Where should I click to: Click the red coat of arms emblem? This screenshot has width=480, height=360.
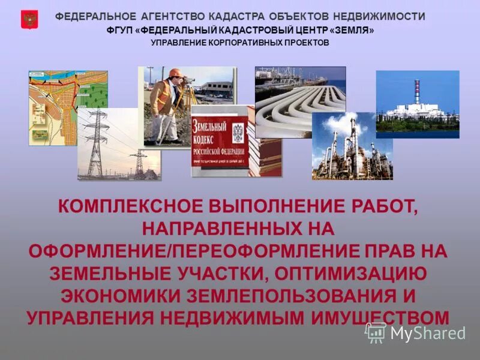click(x=29, y=20)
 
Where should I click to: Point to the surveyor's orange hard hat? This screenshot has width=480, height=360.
click(x=175, y=73)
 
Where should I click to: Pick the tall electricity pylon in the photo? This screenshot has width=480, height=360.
click(x=95, y=144)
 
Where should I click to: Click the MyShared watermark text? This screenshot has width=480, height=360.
click(x=428, y=333)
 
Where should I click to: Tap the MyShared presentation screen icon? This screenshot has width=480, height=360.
click(x=376, y=332)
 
